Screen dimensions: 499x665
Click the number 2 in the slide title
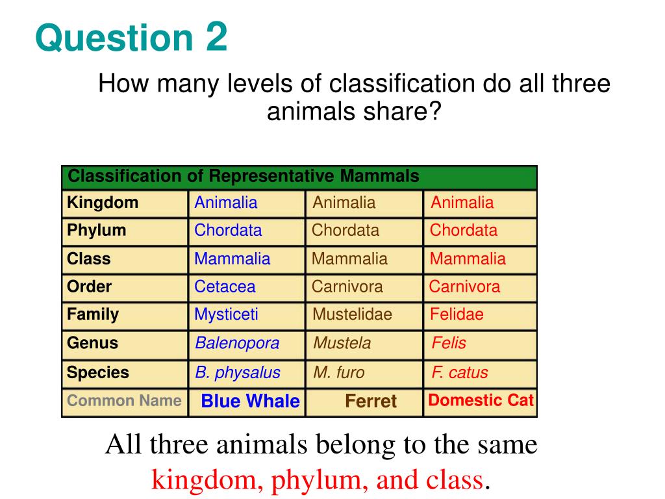pos(217,38)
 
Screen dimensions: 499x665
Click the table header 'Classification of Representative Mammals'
pos(244,177)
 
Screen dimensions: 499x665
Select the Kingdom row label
pos(103,203)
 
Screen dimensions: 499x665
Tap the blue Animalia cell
pos(226,203)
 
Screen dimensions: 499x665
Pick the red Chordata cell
pos(464,231)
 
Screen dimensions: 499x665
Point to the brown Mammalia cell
pos(349,259)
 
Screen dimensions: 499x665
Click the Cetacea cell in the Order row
pos(225,287)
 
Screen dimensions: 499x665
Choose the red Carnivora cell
pos(464,287)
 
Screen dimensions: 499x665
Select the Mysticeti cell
pos(226,315)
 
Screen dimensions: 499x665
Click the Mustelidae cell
pos(353,315)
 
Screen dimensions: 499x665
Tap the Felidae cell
pos(457,315)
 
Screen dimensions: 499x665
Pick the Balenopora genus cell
pos(237,343)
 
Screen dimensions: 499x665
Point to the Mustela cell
pos(342,343)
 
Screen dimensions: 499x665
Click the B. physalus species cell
pos(238,373)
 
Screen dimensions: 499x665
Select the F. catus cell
pos(460,373)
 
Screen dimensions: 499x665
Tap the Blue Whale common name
pos(251,402)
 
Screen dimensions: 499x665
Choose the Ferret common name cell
pos(371,402)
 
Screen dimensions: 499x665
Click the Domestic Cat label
pos(481,400)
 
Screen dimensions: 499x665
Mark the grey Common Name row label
pos(124,400)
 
